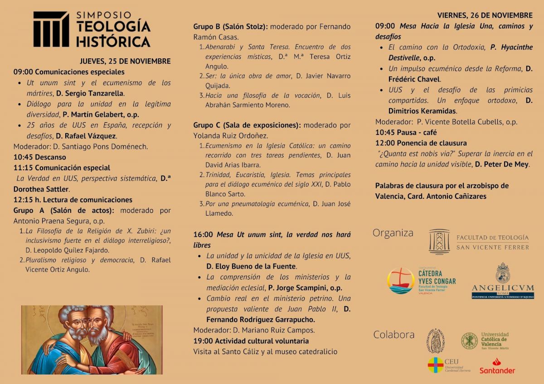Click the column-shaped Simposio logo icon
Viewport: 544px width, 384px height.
[x=51, y=29]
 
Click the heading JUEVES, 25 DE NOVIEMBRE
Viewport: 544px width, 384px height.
[x=125, y=61]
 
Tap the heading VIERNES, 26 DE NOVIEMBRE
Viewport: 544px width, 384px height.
[x=485, y=15]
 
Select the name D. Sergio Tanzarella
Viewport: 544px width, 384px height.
[x=90, y=94]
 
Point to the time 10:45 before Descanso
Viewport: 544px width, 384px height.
[x=22, y=157]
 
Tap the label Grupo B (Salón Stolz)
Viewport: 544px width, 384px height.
[x=230, y=27]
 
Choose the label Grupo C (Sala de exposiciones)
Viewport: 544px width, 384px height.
[x=247, y=125]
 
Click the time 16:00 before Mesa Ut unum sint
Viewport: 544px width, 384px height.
[x=203, y=235]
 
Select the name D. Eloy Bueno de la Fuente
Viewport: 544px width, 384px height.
[x=251, y=266]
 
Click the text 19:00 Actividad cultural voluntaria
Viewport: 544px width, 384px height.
[x=251, y=341]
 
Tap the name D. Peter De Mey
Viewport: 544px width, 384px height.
[x=502, y=164]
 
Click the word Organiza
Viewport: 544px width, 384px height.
[x=393, y=233]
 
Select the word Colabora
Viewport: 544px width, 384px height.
[x=393, y=335]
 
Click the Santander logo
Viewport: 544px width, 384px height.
[x=497, y=366]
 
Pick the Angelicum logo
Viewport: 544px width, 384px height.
[x=503, y=281]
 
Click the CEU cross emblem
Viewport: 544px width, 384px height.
[x=436, y=365]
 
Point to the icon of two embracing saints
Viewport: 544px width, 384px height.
[x=92, y=340]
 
